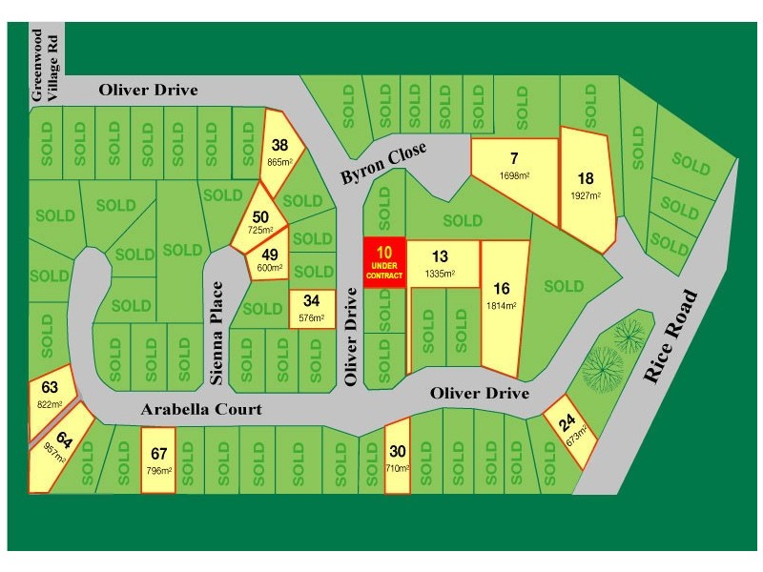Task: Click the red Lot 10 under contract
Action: [x=384, y=262]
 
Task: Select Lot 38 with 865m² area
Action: [x=279, y=153]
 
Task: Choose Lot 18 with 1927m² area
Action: [x=586, y=186]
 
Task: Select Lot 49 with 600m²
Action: [x=270, y=260]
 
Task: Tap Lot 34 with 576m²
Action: [x=312, y=309]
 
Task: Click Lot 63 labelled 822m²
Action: [x=51, y=394]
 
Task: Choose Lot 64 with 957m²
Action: [x=63, y=447]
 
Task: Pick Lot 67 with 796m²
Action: [x=158, y=460]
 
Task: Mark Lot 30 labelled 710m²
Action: [x=398, y=458]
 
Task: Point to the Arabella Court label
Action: [x=201, y=409]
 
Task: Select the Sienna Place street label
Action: [x=217, y=333]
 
